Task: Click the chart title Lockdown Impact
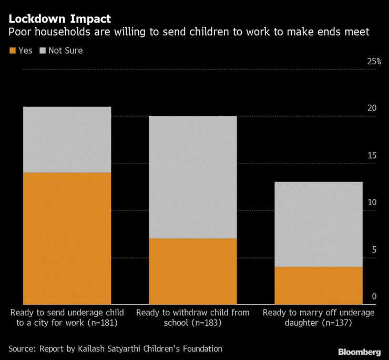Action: tap(59, 19)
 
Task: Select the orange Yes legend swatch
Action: tap(12, 51)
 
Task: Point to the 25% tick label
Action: tap(374, 62)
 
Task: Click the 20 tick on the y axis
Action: tap(372, 108)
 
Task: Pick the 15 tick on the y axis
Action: tap(372, 156)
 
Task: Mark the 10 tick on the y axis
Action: tap(372, 203)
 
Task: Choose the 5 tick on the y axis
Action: tap(374, 250)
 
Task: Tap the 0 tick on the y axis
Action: tap(374, 297)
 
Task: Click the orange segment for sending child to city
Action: tap(67, 238)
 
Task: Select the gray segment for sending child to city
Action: tap(67, 139)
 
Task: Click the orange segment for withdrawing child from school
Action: tap(192, 271)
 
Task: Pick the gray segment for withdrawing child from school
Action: tap(192, 177)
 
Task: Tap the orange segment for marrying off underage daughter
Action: tap(319, 285)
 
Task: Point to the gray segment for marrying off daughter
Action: tap(319, 224)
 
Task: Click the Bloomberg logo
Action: tap(359, 352)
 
